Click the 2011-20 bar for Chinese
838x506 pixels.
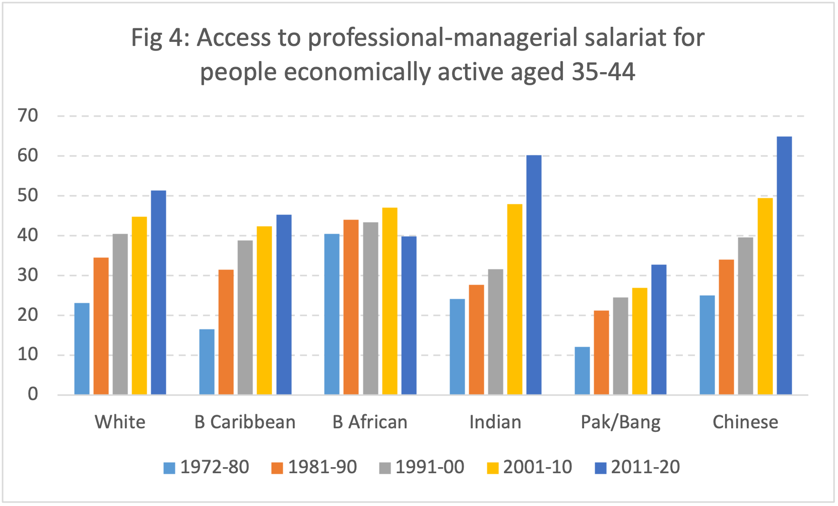pyautogui.click(x=784, y=265)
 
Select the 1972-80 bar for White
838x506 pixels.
pyautogui.click(x=82, y=349)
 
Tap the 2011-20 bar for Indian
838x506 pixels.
pyautogui.click(x=534, y=275)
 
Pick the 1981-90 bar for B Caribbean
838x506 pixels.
pyautogui.click(x=226, y=332)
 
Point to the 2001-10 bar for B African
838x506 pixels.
pyautogui.click(x=390, y=301)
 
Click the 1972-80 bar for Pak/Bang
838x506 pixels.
pyautogui.click(x=582, y=371)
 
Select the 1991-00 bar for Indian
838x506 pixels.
pyautogui.click(x=495, y=332)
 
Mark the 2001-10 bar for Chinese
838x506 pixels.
pyautogui.click(x=765, y=296)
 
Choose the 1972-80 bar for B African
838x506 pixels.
pyautogui.click(x=332, y=314)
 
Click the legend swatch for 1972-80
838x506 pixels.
pyautogui.click(x=169, y=468)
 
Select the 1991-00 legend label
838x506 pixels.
pyautogui.click(x=430, y=467)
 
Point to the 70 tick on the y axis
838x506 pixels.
pyautogui.click(x=28, y=116)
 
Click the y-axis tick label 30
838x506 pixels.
pyautogui.click(x=28, y=275)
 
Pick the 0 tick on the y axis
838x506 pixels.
pyautogui.click(x=33, y=394)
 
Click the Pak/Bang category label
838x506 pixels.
pyautogui.click(x=620, y=422)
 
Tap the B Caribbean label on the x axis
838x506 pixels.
pyautogui.click(x=245, y=422)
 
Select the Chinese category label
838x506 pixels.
pyautogui.click(x=745, y=422)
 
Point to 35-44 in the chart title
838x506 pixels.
pyautogui.click(x=603, y=72)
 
